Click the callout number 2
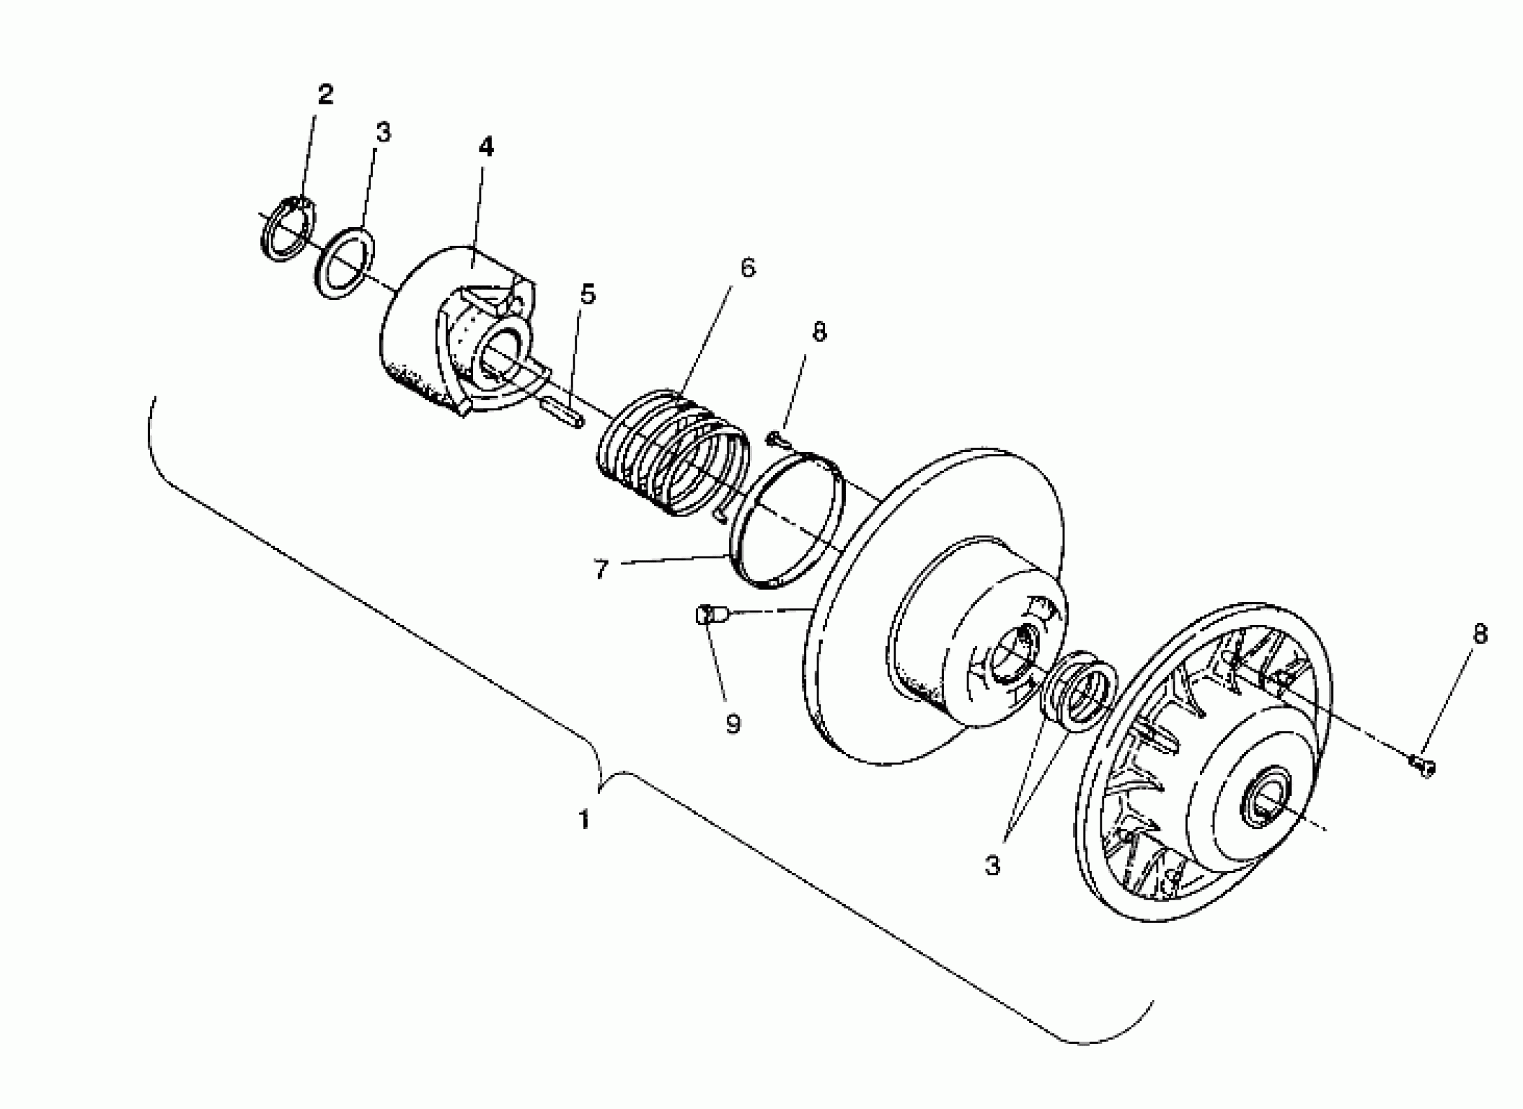325,95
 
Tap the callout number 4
485,147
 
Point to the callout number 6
747,267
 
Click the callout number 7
600,570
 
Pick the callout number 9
732,724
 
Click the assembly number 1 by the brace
584,819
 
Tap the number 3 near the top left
383,132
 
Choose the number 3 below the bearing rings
992,865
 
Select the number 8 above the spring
819,332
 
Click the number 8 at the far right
1479,633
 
